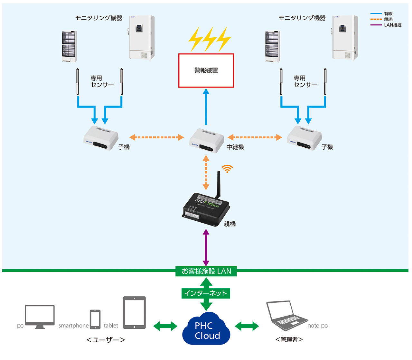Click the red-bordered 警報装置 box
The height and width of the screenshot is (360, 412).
pyautogui.click(x=206, y=70)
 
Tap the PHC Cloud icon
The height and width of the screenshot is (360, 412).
pyautogui.click(x=206, y=330)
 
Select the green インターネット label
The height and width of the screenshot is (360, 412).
pyautogui.click(x=206, y=293)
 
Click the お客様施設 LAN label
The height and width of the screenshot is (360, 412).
pyautogui.click(x=206, y=271)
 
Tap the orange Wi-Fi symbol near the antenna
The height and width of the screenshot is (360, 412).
pyautogui.click(x=227, y=169)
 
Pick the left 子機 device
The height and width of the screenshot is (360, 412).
pyautogui.click(x=100, y=138)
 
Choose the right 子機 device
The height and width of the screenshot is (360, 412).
pyautogui.click(x=304, y=138)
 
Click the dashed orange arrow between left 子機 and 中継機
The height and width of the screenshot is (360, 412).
pyautogui.click(x=156, y=137)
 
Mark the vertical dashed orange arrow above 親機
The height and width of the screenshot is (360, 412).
pyautogui.click(x=206, y=172)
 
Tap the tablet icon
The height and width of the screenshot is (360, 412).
pyautogui.click(x=135, y=312)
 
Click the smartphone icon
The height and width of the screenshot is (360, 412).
pyautogui.click(x=95, y=319)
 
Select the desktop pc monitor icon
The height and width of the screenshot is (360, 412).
pyautogui.click(x=40, y=317)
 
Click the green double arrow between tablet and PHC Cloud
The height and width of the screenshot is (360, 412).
pyautogui.click(x=165, y=326)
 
